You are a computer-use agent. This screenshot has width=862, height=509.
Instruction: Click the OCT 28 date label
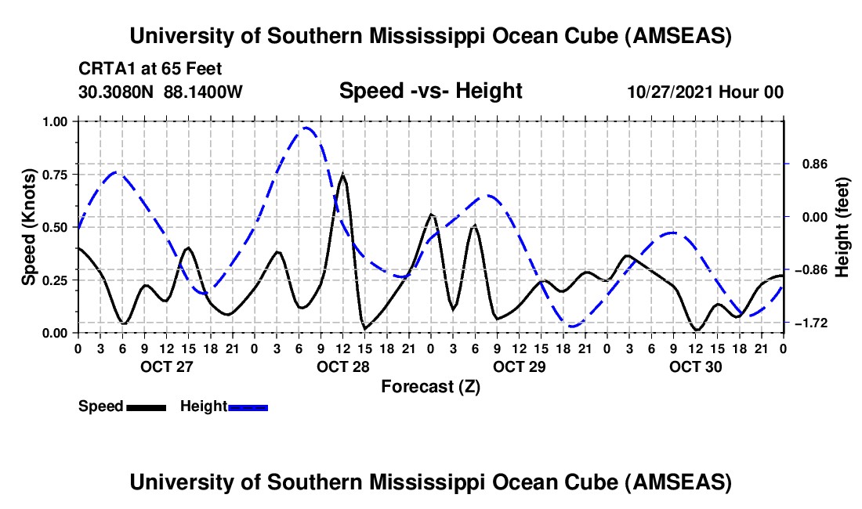[x=343, y=366]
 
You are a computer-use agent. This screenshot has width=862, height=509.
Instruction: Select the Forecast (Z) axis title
[x=429, y=386]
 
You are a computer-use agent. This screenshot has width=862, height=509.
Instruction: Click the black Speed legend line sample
[x=146, y=407]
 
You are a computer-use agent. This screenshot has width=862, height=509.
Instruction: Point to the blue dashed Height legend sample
[x=248, y=407]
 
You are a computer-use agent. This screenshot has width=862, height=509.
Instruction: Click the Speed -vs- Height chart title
[x=430, y=92]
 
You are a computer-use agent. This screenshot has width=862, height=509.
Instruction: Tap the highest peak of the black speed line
[x=342, y=175]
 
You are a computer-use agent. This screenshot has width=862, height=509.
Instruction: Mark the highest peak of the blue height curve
[x=307, y=128]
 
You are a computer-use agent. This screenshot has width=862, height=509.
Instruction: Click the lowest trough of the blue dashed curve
[x=573, y=326]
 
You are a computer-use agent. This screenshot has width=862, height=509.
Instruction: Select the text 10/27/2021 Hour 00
[x=705, y=92]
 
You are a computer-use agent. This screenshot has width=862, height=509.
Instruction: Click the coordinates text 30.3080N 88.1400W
[x=161, y=92]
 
